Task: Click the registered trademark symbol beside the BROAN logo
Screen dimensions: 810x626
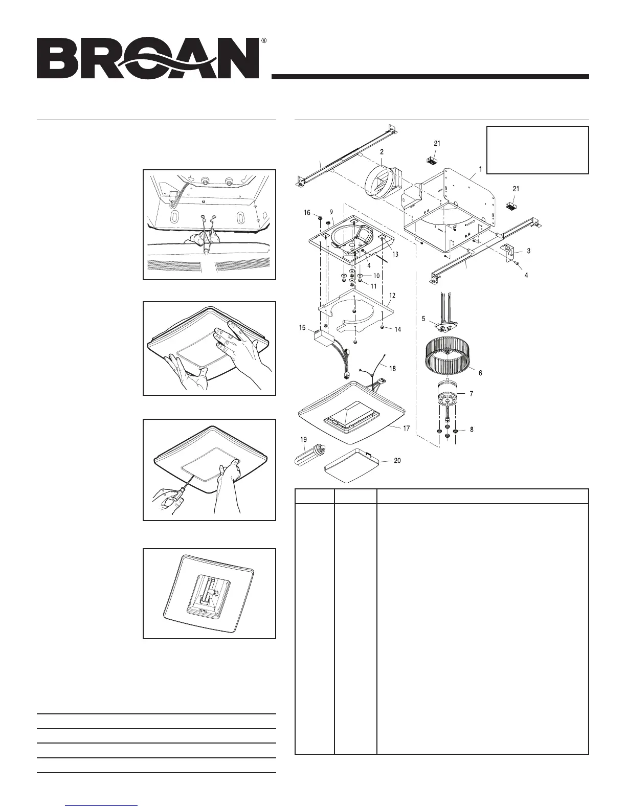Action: pos(263,40)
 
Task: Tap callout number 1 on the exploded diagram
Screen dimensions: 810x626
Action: pos(480,168)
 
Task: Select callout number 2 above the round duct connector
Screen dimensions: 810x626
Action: pos(382,152)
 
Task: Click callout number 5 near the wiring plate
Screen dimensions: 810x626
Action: pos(423,319)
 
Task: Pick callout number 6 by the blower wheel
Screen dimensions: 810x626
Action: pos(480,373)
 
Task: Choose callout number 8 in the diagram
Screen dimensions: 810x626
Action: pos(471,430)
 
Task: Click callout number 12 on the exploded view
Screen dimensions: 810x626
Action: pos(392,296)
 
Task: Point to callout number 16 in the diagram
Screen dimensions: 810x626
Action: pos(307,212)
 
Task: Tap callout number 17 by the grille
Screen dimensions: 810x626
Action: pos(406,429)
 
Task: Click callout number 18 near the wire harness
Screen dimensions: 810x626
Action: pos(392,368)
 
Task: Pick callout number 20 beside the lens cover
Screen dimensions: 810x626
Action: pos(397,461)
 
